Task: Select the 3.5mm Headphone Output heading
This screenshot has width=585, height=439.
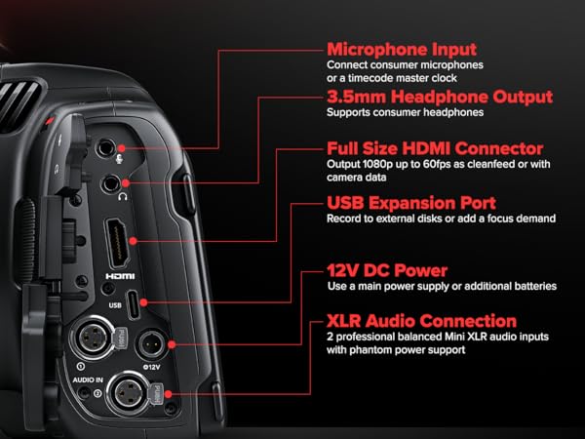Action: tap(439, 97)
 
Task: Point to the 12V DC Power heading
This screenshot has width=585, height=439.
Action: tap(387, 269)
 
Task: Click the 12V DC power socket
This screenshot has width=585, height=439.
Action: tap(152, 343)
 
